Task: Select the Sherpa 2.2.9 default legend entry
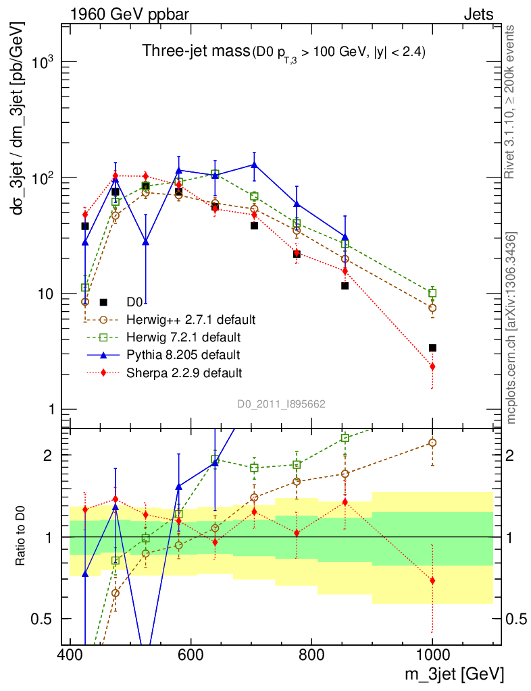(x=184, y=372)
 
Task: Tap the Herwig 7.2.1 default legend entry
(x=184, y=337)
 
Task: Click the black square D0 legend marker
(x=103, y=302)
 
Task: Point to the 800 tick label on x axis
(x=311, y=655)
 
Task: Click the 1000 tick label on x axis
(x=432, y=655)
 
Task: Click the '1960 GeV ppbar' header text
(x=124, y=13)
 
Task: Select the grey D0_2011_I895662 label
(x=282, y=404)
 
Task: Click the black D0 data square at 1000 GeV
(x=432, y=348)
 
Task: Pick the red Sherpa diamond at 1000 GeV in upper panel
(x=432, y=366)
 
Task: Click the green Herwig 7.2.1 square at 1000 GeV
(x=432, y=294)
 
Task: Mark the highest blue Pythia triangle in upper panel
(x=254, y=164)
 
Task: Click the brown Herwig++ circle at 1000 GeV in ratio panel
(x=432, y=443)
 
